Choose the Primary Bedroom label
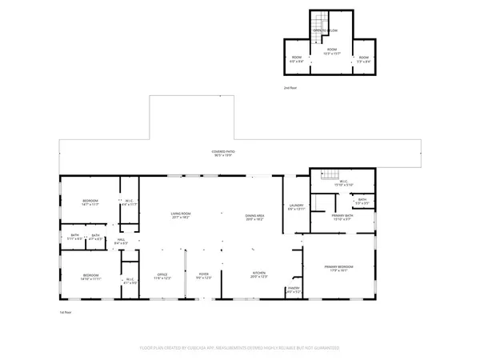click(338, 268)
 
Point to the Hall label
click(122, 240)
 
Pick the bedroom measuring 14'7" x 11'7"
click(89, 203)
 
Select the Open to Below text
click(327, 30)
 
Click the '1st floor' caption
click(66, 312)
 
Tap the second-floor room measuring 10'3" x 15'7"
click(327, 54)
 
